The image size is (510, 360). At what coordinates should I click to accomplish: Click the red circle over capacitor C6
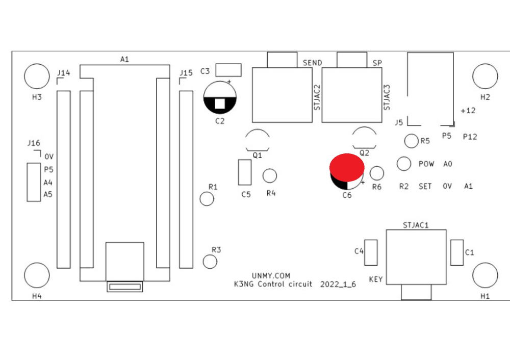pyautogui.click(x=347, y=167)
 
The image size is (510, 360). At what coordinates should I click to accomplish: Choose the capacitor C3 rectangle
pyautogui.click(x=228, y=70)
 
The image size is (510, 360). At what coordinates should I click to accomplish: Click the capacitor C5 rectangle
pyautogui.click(x=245, y=172)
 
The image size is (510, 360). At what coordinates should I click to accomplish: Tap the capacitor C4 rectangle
pyautogui.click(x=371, y=253)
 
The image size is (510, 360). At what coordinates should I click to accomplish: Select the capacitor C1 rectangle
pyautogui.click(x=457, y=253)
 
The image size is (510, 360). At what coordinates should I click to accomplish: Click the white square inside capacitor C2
pyautogui.click(x=220, y=104)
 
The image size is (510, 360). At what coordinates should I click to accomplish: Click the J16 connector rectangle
pyautogui.click(x=34, y=182)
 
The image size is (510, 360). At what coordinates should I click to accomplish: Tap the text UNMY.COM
pyautogui.click(x=271, y=276)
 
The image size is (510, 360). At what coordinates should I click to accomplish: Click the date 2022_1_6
pyautogui.click(x=338, y=284)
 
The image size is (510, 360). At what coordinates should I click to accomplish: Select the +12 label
pyautogui.click(x=468, y=111)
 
